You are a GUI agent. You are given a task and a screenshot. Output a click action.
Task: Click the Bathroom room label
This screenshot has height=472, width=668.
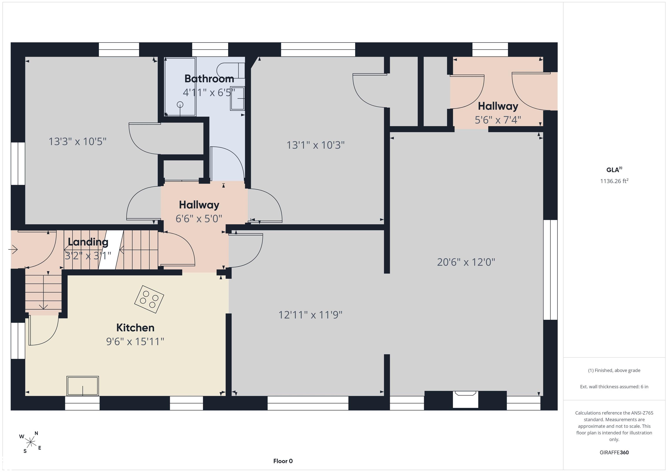(209, 79)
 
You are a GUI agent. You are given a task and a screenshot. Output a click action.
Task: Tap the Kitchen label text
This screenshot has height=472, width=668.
(135, 328)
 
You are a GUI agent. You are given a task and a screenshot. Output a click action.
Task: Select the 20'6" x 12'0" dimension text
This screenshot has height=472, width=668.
(466, 262)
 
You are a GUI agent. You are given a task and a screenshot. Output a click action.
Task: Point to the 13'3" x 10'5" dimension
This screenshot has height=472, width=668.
(77, 142)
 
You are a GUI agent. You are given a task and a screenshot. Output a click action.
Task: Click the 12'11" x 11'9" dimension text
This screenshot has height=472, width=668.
(311, 315)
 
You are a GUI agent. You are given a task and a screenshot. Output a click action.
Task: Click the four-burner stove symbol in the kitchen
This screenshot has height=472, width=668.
(149, 299)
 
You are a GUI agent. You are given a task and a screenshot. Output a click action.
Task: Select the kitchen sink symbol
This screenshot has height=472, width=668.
(83, 386)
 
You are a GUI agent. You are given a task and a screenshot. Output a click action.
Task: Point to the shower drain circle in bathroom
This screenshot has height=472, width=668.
(180, 104)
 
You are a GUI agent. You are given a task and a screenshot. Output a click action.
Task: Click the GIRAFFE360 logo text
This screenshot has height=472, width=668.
(614, 452)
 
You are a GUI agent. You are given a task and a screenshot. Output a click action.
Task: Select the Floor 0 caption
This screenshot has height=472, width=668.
(283, 461)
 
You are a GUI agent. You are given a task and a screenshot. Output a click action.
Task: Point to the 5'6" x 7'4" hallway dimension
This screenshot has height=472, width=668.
(498, 120)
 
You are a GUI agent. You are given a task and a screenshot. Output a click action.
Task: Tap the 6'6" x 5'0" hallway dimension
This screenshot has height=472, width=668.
(199, 219)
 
